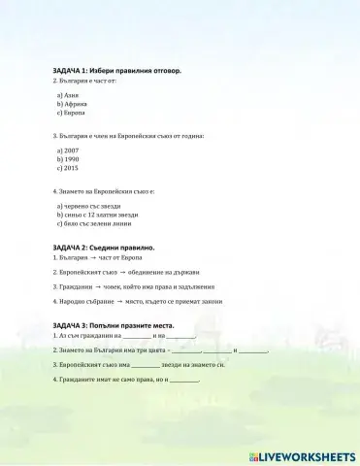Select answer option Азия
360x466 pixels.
click(x=71, y=96)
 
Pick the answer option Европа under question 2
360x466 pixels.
click(x=74, y=113)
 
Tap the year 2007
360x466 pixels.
click(x=72, y=151)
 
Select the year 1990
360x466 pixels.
click(x=72, y=159)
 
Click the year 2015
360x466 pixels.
click(x=72, y=167)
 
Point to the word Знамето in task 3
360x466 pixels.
click(x=72, y=349)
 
